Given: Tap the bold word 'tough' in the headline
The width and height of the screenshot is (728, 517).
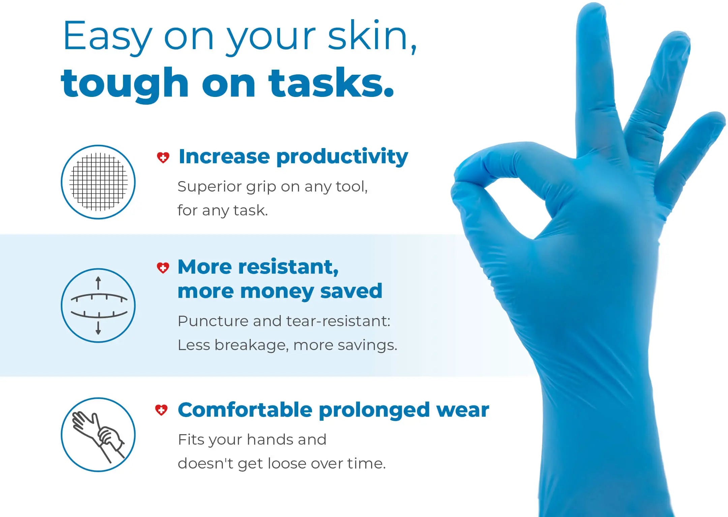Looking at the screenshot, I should [x=124, y=83].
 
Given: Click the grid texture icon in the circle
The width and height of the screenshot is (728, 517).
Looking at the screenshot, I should [x=98, y=182].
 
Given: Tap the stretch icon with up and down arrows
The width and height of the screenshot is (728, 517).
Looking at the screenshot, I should [x=98, y=306].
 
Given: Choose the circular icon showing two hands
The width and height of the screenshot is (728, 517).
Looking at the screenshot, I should [x=98, y=435].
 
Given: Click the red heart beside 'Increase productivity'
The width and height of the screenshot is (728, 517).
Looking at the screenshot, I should [x=163, y=157].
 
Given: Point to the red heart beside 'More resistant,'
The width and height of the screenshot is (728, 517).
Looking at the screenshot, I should [x=163, y=268].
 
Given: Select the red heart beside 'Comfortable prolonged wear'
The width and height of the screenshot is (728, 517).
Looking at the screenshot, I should [x=161, y=410].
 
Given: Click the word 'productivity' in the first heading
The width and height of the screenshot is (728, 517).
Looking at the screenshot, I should [x=342, y=157].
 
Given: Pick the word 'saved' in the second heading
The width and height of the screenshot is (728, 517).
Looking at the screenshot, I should [x=351, y=291].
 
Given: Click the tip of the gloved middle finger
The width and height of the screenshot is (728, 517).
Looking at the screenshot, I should [x=591, y=10].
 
